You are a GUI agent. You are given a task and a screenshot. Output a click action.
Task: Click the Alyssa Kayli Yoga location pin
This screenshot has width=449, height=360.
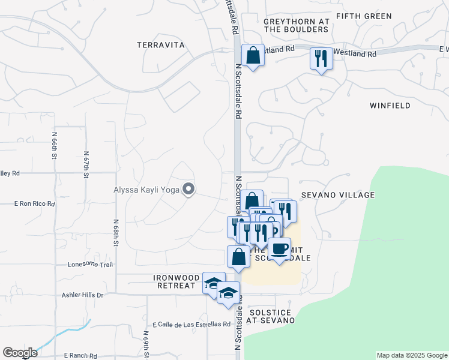click(188, 190)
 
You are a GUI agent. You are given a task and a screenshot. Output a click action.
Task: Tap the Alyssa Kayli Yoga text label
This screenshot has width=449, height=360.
click(147, 191)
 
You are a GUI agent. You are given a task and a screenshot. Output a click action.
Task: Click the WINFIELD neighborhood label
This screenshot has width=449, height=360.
click(390, 106)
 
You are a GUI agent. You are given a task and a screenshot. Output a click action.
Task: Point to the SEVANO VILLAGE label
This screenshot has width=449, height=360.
click(338, 195)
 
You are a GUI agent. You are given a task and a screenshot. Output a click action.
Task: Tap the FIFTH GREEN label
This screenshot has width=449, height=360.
click(364, 16)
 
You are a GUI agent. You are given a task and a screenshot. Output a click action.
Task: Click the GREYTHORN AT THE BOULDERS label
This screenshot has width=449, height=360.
click(297, 25)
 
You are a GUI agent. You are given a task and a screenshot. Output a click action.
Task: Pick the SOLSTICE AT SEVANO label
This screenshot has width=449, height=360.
click(271, 316)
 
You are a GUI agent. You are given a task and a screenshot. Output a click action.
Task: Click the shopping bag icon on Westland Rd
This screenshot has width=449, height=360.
click(253, 56)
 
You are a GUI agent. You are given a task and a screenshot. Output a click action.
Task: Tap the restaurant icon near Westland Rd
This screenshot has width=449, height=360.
click(321, 59)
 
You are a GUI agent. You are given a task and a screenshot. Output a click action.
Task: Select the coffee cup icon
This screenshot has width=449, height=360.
click(279, 248)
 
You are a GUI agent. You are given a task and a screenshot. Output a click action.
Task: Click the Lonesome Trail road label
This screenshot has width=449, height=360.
click(90, 264)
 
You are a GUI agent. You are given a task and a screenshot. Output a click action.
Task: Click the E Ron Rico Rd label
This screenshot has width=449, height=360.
click(34, 204)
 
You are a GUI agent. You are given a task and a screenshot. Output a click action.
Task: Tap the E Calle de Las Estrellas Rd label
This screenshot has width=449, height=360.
click(191, 325)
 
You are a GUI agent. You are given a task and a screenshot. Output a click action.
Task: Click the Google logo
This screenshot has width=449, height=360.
click(20, 353)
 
